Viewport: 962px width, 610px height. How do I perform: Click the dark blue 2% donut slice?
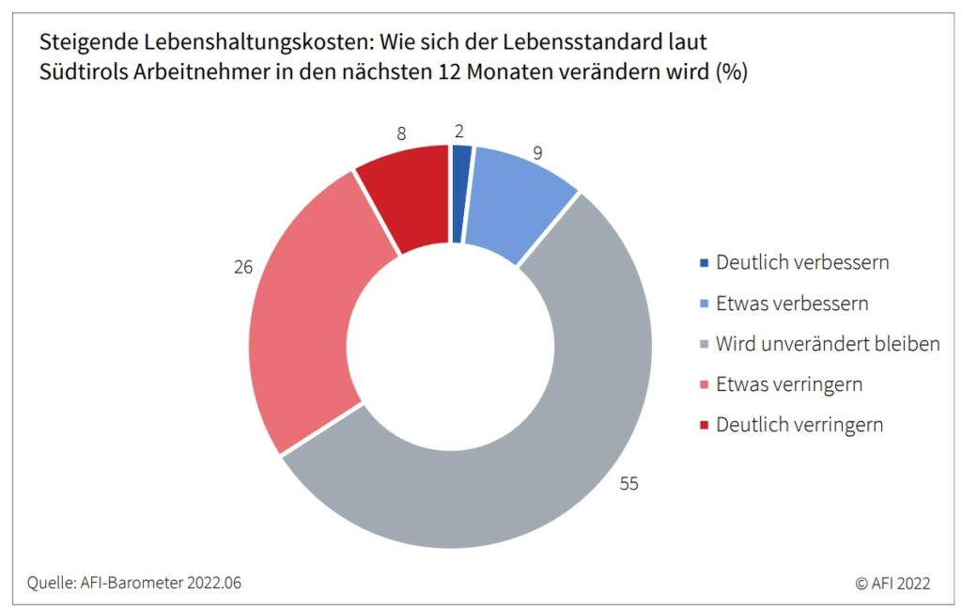[460, 195]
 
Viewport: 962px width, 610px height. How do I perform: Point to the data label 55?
[628, 484]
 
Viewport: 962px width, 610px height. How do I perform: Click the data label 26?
[243, 267]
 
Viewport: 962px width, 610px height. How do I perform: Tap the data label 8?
[401, 133]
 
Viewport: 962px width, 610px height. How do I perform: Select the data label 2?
[459, 131]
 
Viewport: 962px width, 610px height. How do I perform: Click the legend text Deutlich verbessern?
[802, 262]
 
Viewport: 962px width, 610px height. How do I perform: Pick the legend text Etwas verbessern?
[792, 304]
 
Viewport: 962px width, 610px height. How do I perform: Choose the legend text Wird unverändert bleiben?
[828, 344]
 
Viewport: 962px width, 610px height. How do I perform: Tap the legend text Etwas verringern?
[789, 384]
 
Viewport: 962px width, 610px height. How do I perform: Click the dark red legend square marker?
[704, 425]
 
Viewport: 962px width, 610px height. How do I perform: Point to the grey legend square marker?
[704, 344]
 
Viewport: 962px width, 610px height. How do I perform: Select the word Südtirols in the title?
[80, 72]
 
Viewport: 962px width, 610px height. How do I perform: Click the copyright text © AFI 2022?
[892, 583]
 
